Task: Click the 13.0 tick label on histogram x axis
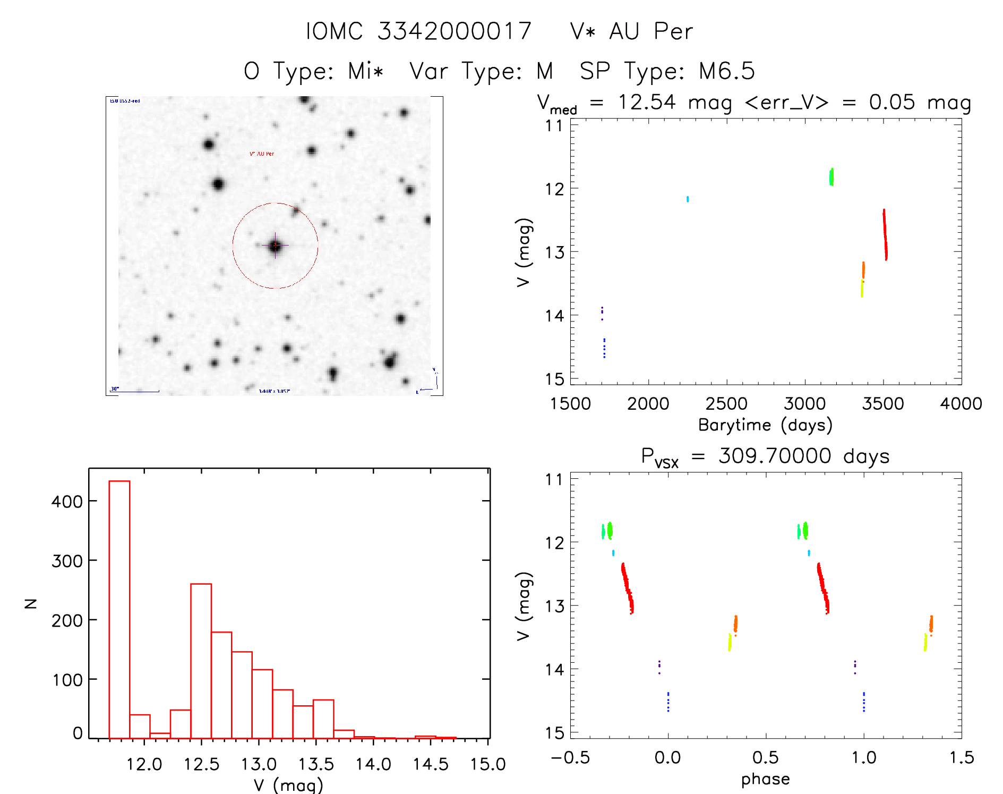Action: pyautogui.click(x=259, y=764)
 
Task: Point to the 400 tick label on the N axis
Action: pyautogui.click(x=67, y=501)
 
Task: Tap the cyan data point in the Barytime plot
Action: pyautogui.click(x=688, y=199)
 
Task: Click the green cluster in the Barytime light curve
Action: pyautogui.click(x=831, y=176)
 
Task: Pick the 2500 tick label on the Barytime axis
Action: pyautogui.click(x=726, y=404)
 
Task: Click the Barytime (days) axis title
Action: pyautogui.click(x=765, y=425)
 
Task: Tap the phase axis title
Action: pyautogui.click(x=765, y=779)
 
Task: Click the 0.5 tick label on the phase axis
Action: pyautogui.click(x=766, y=757)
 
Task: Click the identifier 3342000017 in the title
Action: pyautogui.click(x=454, y=31)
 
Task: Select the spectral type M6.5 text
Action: pyautogui.click(x=726, y=71)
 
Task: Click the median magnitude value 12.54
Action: pyautogui.click(x=647, y=103)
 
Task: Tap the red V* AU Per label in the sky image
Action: pyautogui.click(x=262, y=154)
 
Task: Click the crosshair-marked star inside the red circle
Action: pyautogui.click(x=275, y=246)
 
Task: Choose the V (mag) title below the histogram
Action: pyautogui.click(x=288, y=785)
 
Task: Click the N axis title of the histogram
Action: pyautogui.click(x=31, y=603)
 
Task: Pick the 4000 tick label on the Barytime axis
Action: pyautogui.click(x=961, y=404)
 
